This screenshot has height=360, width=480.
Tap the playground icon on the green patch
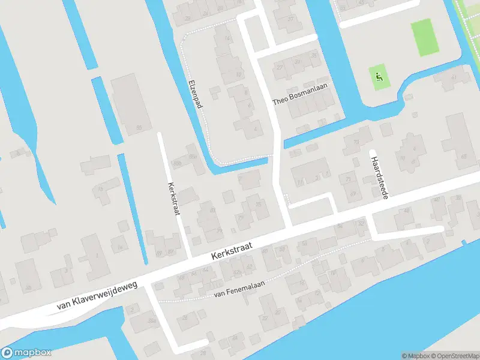pyautogui.click(x=379, y=76)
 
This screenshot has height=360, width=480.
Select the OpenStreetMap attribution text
pyautogui.click(x=455, y=356)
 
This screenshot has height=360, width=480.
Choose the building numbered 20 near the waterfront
pyautogui.click(x=277, y=312)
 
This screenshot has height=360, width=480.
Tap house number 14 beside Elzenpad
pyautogui.click(x=226, y=42)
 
